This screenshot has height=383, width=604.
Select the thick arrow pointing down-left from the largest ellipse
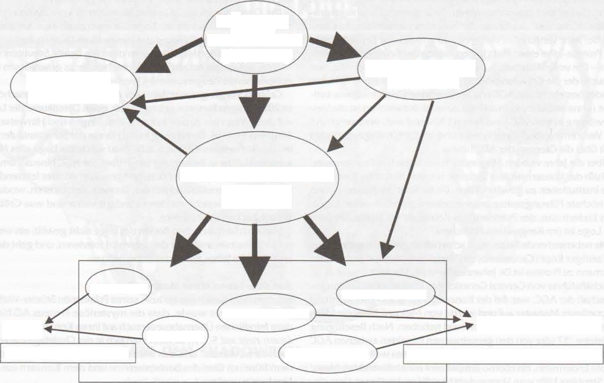click(x=191, y=237)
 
